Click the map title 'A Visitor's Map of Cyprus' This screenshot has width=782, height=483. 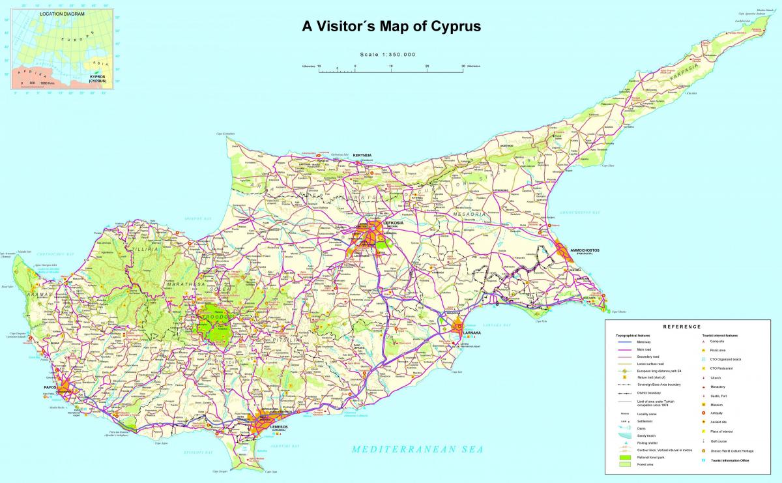(x=391, y=27)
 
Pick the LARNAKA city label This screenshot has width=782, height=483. (x=471, y=332)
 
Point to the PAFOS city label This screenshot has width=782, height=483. (x=51, y=387)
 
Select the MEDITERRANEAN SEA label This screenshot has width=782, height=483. (x=417, y=449)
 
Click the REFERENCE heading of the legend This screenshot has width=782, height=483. (x=682, y=327)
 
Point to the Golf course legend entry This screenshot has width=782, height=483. (x=719, y=441)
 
